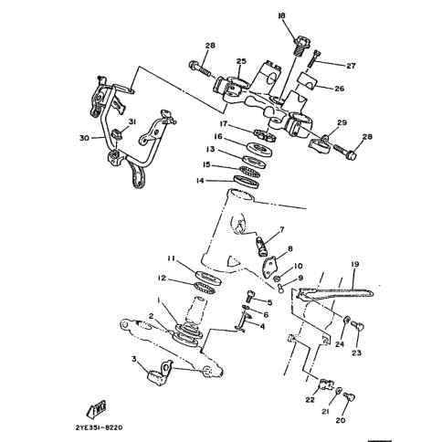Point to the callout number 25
coord(241,62)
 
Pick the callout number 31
coord(132,122)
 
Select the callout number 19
coord(354,264)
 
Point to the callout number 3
coord(135,361)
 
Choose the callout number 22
coord(310,399)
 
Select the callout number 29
coord(342,121)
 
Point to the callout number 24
coord(339,344)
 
